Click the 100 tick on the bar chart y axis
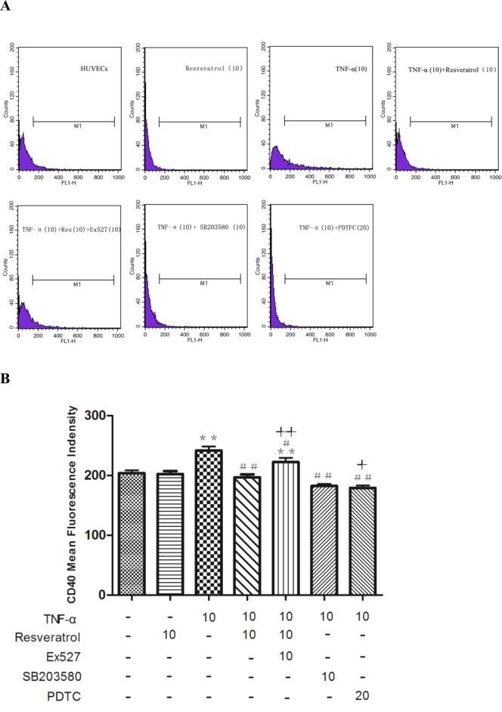click(x=96, y=535)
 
